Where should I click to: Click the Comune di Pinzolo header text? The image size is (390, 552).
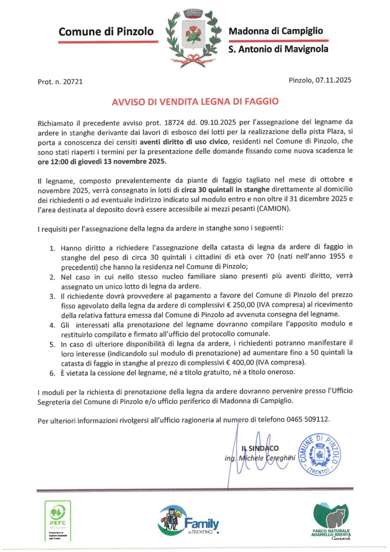(106, 32)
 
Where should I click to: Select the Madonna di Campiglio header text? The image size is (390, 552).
(275, 31)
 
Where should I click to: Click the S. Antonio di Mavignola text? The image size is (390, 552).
(278, 49)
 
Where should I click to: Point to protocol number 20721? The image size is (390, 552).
(72, 82)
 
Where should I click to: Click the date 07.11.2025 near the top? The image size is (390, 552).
(333, 80)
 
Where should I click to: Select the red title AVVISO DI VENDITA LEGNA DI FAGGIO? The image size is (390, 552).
(195, 101)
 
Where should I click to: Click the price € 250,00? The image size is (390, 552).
(242, 305)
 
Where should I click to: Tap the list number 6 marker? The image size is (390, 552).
(52, 373)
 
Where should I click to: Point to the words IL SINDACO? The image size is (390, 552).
(260, 448)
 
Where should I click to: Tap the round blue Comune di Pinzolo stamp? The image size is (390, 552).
(319, 454)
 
